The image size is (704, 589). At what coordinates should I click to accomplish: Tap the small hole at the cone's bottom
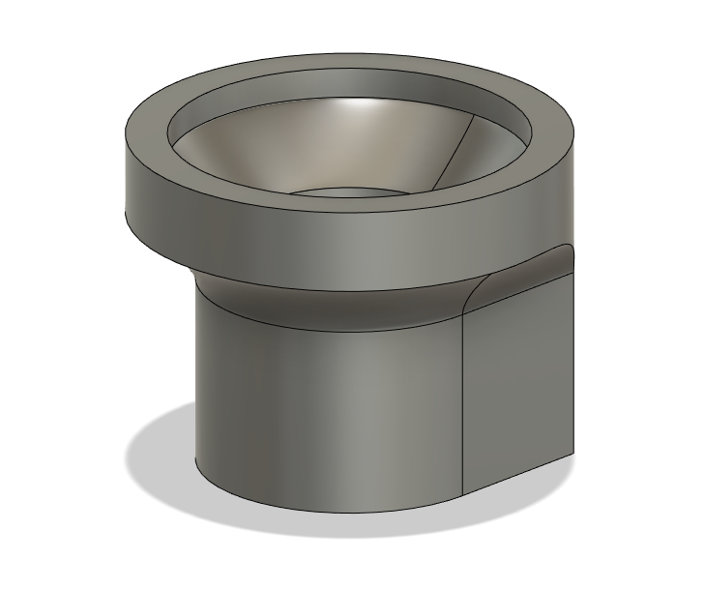(x=348, y=191)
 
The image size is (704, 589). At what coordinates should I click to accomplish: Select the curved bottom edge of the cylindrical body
(x=319, y=509)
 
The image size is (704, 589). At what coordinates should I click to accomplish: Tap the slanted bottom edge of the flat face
(x=522, y=471)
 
